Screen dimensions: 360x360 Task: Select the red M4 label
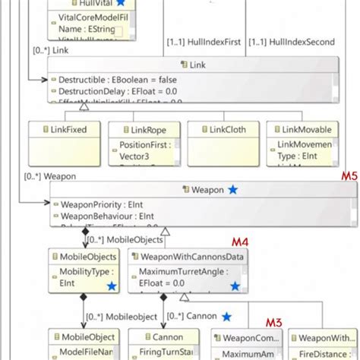pyautogui.click(x=241, y=243)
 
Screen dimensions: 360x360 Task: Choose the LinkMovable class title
pyautogui.click(x=302, y=130)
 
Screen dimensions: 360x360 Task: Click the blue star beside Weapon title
pyautogui.click(x=232, y=188)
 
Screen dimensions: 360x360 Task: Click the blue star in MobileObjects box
pyautogui.click(x=112, y=286)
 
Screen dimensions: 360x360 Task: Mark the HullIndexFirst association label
pyautogui.click(x=204, y=43)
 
